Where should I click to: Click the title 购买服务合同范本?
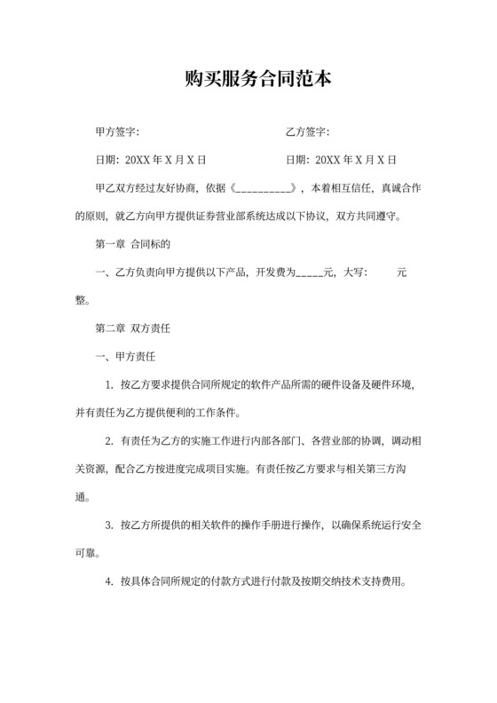(x=248, y=80)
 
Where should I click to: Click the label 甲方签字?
(x=114, y=133)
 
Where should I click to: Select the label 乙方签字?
(x=307, y=133)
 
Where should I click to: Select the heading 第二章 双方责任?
(x=131, y=328)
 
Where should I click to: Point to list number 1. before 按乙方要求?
(x=109, y=384)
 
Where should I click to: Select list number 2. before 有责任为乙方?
(x=109, y=441)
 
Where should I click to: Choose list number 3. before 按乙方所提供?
(x=109, y=525)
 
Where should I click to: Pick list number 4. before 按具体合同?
(x=109, y=582)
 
